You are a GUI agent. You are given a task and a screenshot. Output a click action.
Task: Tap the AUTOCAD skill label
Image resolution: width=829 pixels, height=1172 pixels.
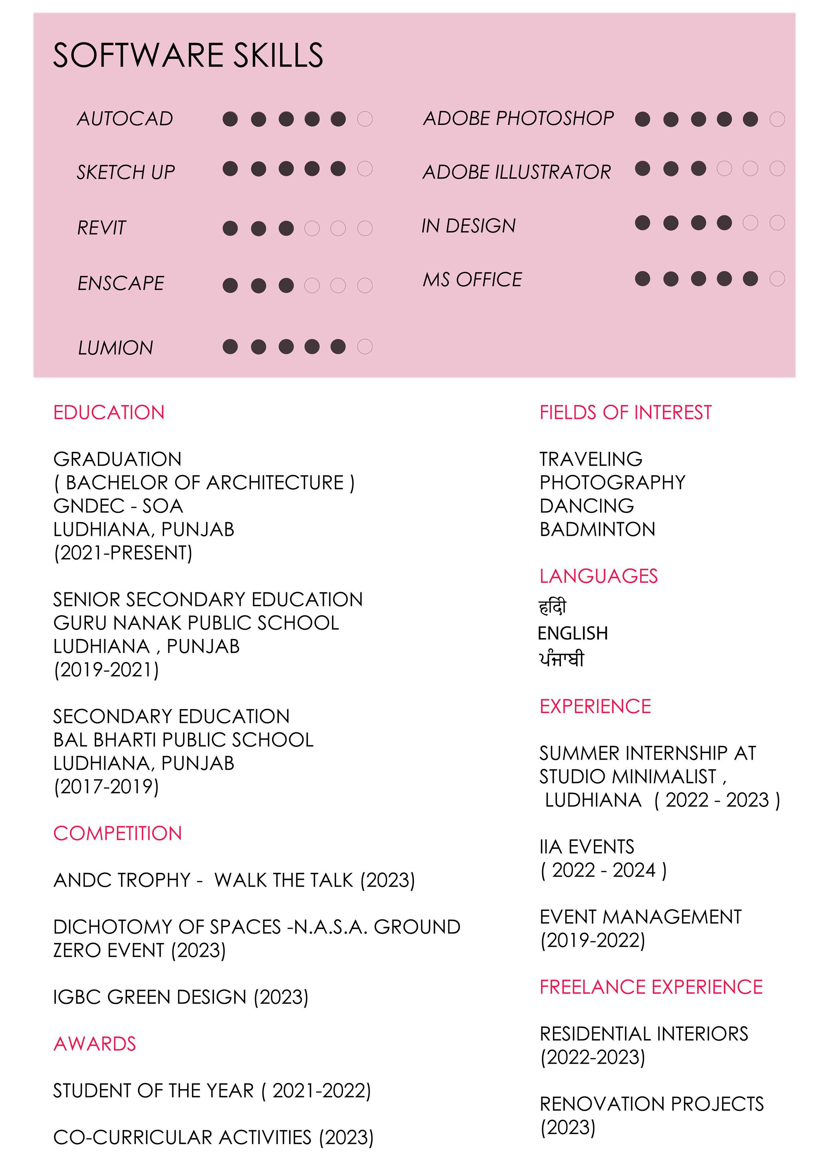coord(125,119)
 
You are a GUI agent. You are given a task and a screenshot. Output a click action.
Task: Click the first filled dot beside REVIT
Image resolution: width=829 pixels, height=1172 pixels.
coord(230,228)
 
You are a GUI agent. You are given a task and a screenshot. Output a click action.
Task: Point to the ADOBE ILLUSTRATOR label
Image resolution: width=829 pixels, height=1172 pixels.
coord(516,172)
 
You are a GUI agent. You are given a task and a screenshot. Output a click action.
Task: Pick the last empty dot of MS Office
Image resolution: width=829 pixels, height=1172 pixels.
coord(777,279)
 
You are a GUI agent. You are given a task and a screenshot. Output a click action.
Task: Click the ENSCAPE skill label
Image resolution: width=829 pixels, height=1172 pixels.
coord(121,283)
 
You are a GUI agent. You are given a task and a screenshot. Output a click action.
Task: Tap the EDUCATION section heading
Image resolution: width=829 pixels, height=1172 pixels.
coord(109,413)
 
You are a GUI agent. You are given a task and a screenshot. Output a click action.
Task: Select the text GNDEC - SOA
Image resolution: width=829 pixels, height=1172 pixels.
coord(118,506)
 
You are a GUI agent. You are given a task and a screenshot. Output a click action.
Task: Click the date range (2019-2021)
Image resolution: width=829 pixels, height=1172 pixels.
coord(106,670)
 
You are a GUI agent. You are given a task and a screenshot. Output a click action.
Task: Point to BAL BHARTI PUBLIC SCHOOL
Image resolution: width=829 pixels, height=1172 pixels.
coord(184,740)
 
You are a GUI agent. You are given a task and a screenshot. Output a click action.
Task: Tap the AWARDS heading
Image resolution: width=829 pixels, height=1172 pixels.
coord(95,1044)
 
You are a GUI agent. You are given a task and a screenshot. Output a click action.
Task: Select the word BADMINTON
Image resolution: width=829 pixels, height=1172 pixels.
coord(597,529)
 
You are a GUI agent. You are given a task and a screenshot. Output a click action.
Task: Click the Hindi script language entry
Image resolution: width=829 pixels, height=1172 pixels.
coord(553,607)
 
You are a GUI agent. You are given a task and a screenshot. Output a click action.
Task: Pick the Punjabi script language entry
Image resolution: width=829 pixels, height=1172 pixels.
coord(561,660)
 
